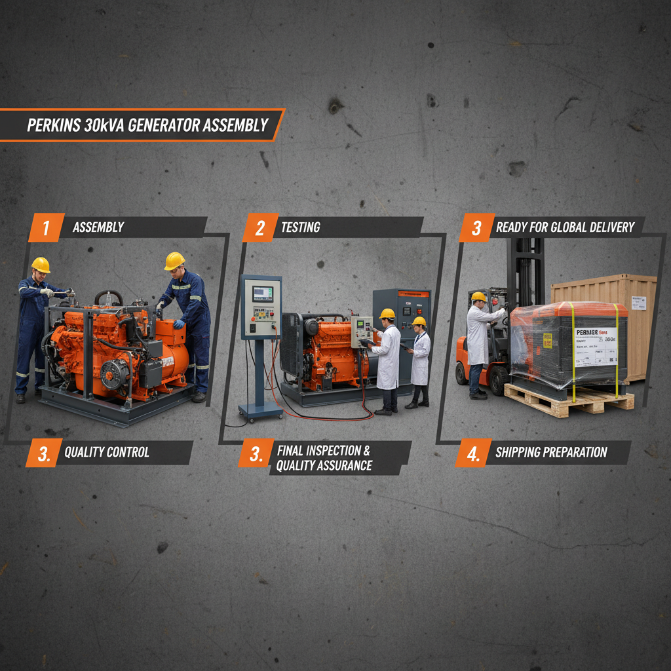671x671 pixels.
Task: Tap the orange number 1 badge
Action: tap(46, 228)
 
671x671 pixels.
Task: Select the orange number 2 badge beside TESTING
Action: tap(260, 228)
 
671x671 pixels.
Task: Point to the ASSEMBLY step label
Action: tap(98, 228)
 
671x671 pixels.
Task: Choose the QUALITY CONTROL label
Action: tap(107, 452)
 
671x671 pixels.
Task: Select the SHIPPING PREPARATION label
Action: tap(551, 452)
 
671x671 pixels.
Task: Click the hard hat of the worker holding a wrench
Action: tap(41, 264)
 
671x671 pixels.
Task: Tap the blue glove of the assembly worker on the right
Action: tap(178, 324)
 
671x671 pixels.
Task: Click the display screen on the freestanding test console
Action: tap(262, 293)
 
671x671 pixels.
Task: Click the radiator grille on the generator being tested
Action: tap(290, 344)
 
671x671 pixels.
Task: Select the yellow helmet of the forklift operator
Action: tap(479, 297)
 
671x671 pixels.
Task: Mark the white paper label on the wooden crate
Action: tap(638, 302)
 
